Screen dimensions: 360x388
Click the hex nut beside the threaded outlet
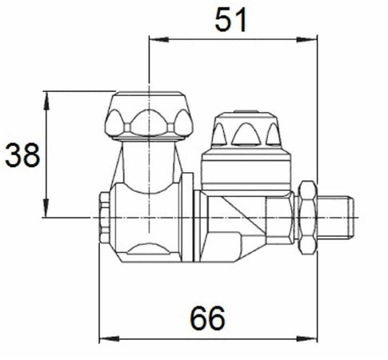tap(306, 216)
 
